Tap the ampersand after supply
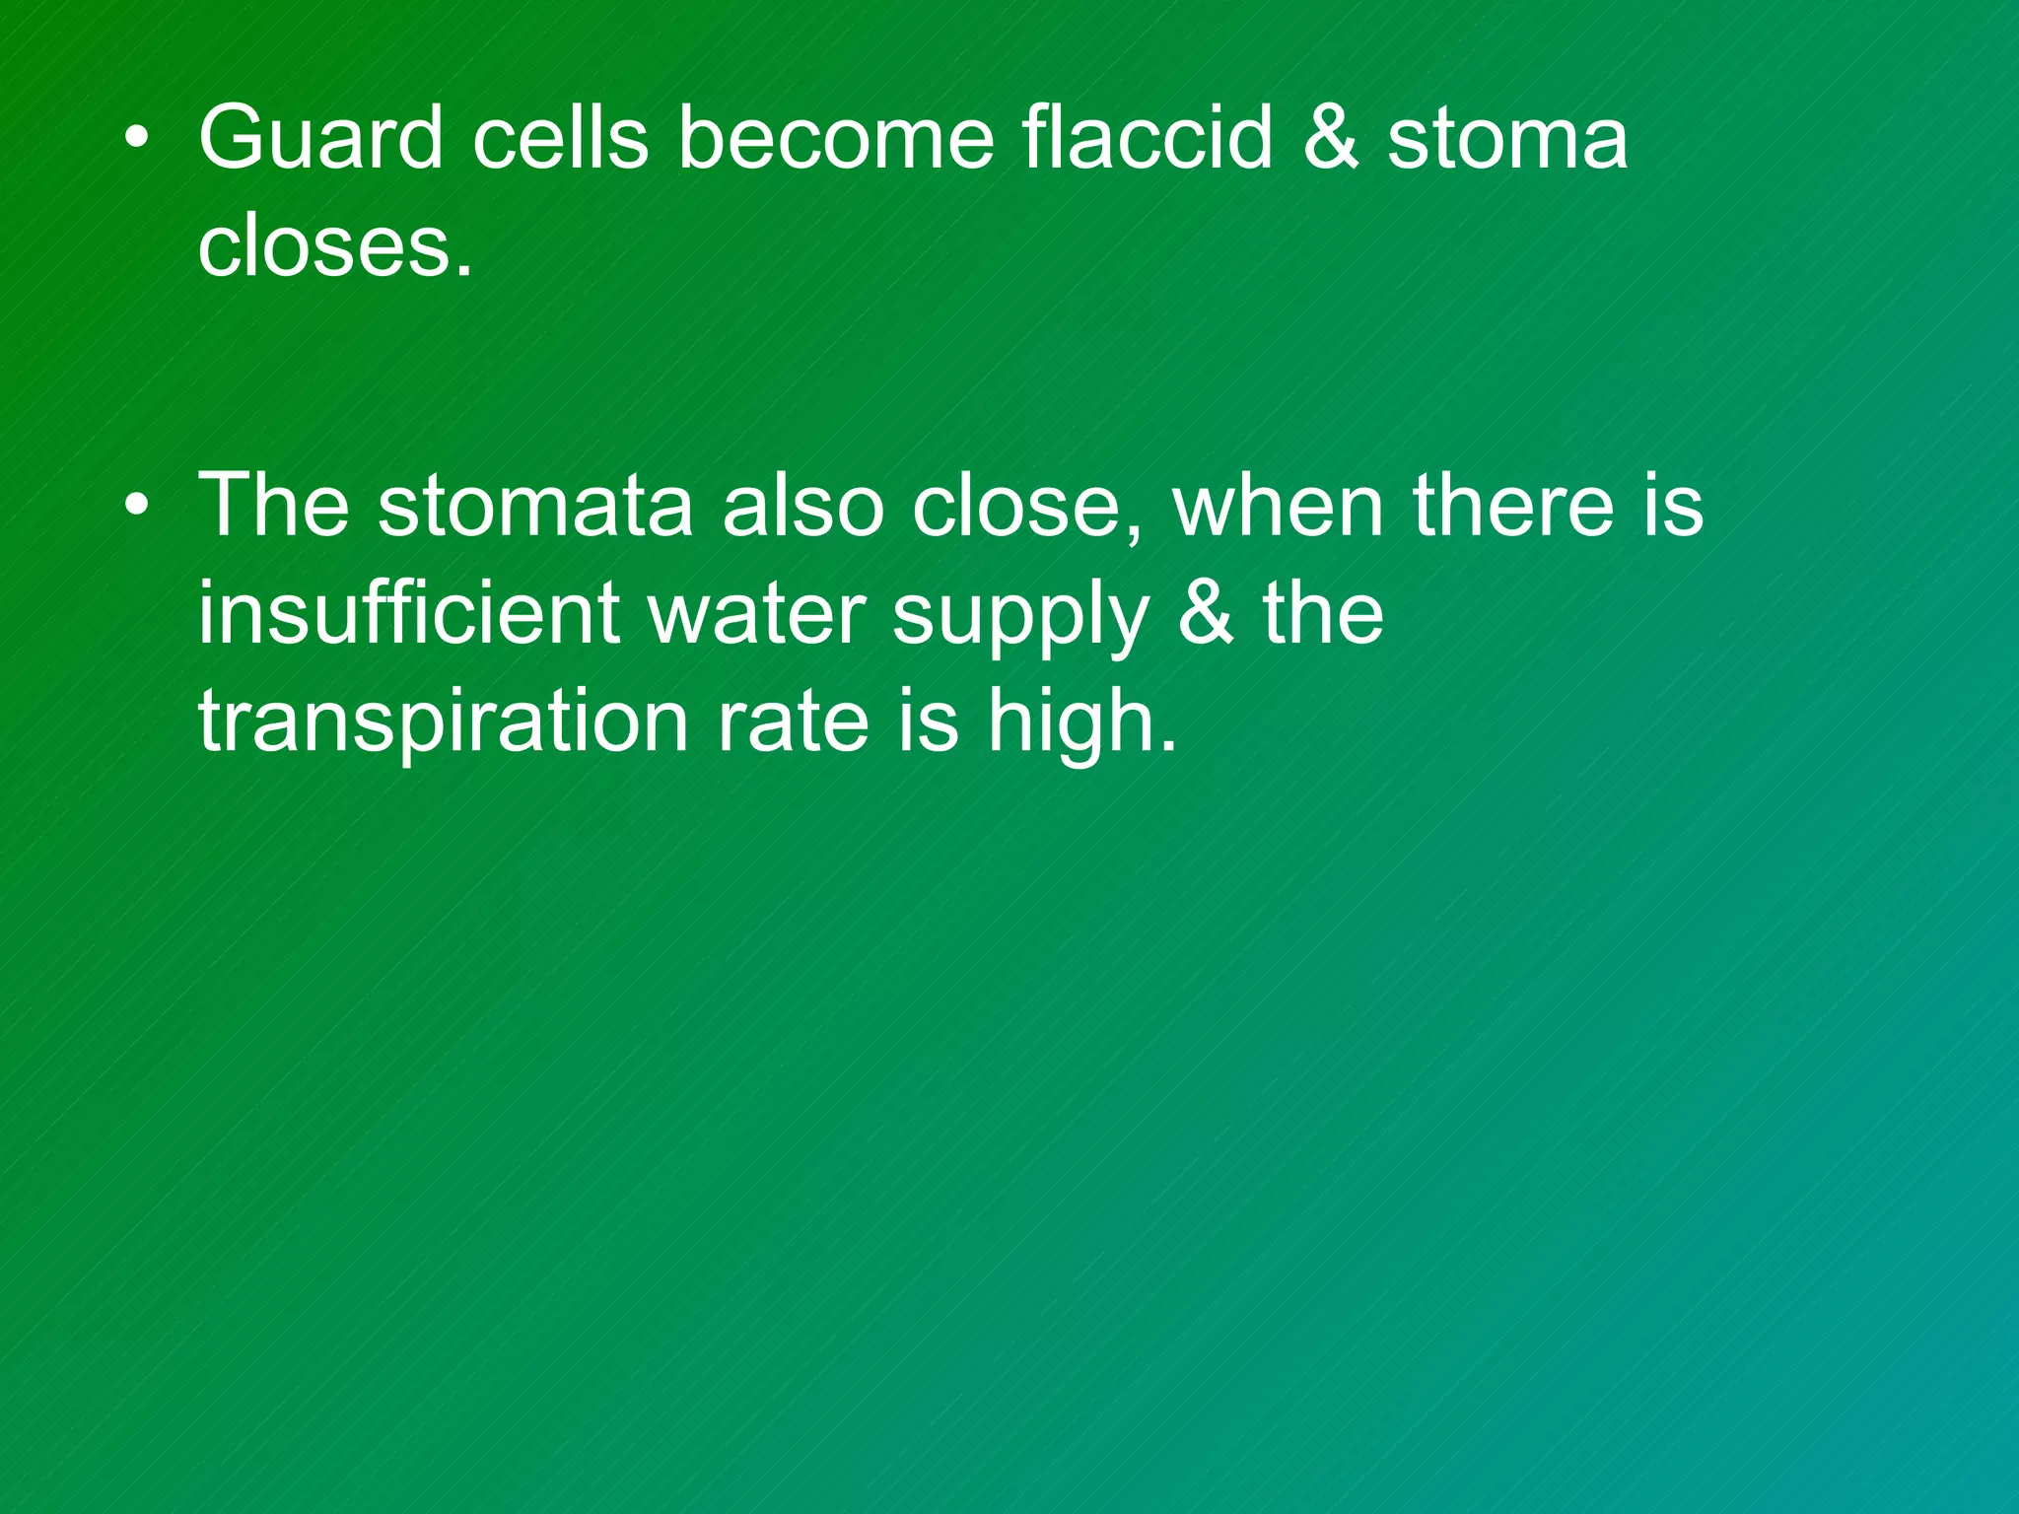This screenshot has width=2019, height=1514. pos(1205,613)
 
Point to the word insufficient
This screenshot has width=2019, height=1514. pos(408,613)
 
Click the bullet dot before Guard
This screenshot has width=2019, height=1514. pos(137,140)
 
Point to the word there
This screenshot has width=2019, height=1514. pos(1513,506)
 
